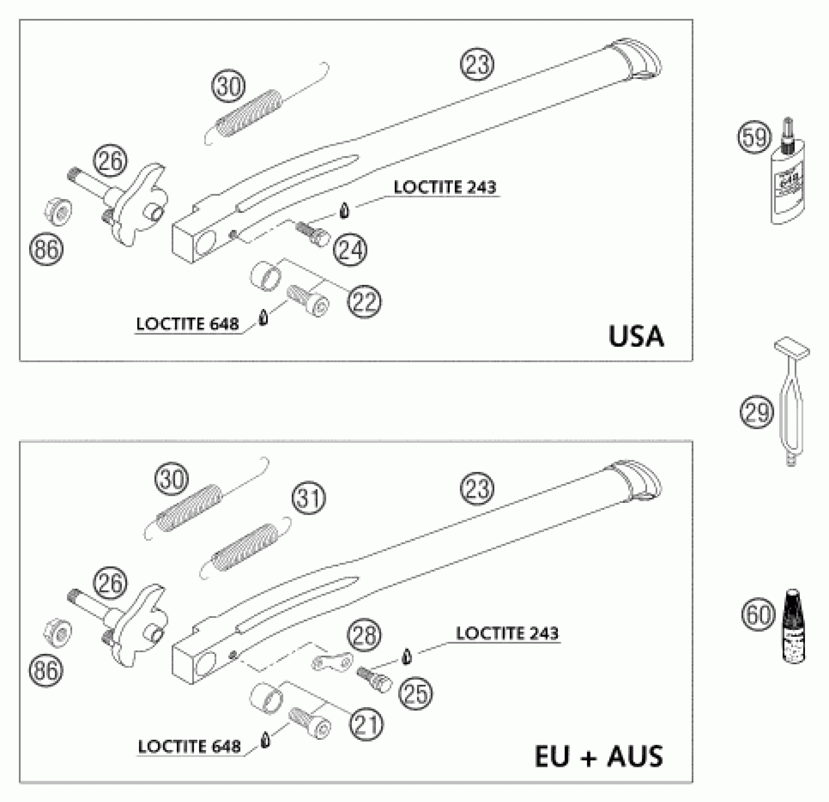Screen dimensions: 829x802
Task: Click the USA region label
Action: tap(636, 337)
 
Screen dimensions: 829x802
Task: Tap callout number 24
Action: tap(350, 250)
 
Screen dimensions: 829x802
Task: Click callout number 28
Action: tap(365, 635)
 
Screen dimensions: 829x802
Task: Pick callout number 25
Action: tap(416, 693)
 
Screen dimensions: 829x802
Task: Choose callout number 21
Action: tap(366, 724)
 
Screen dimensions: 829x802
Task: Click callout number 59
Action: tap(754, 137)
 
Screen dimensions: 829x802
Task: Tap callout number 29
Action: tap(756, 412)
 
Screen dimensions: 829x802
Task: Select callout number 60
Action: tap(759, 615)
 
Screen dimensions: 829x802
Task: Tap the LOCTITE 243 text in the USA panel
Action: tap(445, 187)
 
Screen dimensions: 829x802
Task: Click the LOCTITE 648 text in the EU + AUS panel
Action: tap(189, 746)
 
